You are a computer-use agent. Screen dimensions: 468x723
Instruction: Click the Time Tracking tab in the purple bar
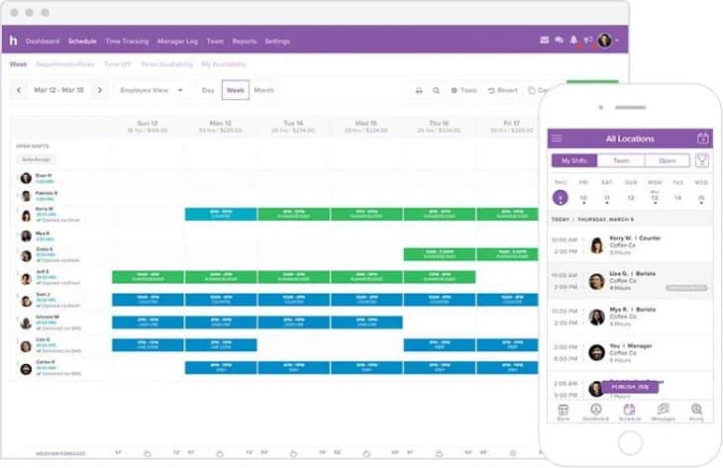coord(127,42)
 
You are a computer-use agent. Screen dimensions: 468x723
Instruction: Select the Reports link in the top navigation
coord(244,42)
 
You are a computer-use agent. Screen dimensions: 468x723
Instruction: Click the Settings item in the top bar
coord(277,42)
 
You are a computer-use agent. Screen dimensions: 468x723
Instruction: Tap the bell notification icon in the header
coord(573,41)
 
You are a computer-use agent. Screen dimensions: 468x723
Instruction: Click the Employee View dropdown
coord(152,90)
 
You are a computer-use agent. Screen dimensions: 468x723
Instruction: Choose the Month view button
coord(263,90)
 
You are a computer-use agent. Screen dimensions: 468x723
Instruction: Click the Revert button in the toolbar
coord(503,90)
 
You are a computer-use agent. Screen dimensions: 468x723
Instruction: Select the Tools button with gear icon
coord(464,90)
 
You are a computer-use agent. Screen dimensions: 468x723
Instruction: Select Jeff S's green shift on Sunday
coord(148,277)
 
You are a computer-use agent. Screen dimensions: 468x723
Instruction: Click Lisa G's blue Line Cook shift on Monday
coord(221,345)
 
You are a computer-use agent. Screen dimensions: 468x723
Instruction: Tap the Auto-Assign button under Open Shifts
coord(36,159)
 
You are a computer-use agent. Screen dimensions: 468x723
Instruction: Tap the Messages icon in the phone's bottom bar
coord(663,413)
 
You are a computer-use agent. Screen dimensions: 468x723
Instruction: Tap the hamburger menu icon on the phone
coord(558,139)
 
